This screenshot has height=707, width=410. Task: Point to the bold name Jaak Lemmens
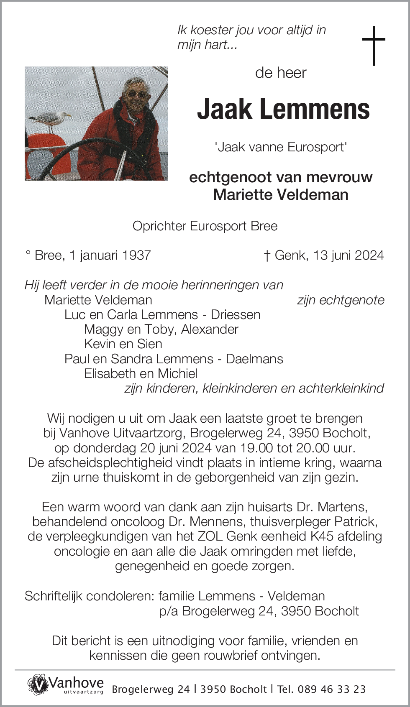(x=283, y=110)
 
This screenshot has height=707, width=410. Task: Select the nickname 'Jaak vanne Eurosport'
(x=281, y=147)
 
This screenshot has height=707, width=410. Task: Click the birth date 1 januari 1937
(x=110, y=255)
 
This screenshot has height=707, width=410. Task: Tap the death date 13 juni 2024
(x=348, y=255)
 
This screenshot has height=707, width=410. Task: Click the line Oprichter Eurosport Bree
(x=205, y=226)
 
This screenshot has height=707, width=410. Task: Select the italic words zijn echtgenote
(x=341, y=300)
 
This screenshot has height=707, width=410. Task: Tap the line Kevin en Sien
(x=123, y=344)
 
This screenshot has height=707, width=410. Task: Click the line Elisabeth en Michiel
(x=141, y=373)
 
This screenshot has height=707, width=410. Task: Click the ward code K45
(x=322, y=536)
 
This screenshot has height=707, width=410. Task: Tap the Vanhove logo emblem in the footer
(x=38, y=684)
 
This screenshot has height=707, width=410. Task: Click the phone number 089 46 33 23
(x=331, y=689)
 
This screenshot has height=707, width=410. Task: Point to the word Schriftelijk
(x=54, y=596)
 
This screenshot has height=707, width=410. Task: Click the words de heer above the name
(x=281, y=73)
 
